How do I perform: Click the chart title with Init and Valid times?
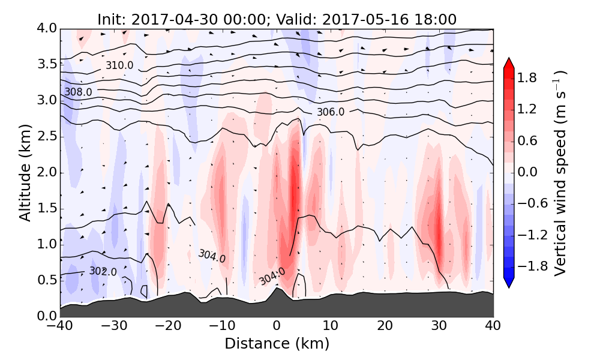(x=277, y=19)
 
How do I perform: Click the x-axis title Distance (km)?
(x=277, y=344)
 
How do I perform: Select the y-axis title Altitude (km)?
(x=25, y=172)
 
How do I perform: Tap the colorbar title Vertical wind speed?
(x=560, y=173)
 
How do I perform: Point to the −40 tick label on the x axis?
(x=60, y=327)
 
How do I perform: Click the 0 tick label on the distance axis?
(x=277, y=327)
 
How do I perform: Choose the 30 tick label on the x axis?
(x=439, y=327)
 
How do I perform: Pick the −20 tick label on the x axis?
(x=168, y=327)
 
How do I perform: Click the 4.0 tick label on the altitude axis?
(x=46, y=28)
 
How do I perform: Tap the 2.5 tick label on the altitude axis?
(x=46, y=136)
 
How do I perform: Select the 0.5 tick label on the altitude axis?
(x=46, y=280)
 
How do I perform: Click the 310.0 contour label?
(x=119, y=65)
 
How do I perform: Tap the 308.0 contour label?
(x=79, y=92)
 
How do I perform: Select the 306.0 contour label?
(x=331, y=112)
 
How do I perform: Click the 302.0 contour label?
(x=103, y=272)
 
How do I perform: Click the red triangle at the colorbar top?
(x=509, y=63)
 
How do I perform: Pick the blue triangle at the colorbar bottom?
(x=509, y=283)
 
